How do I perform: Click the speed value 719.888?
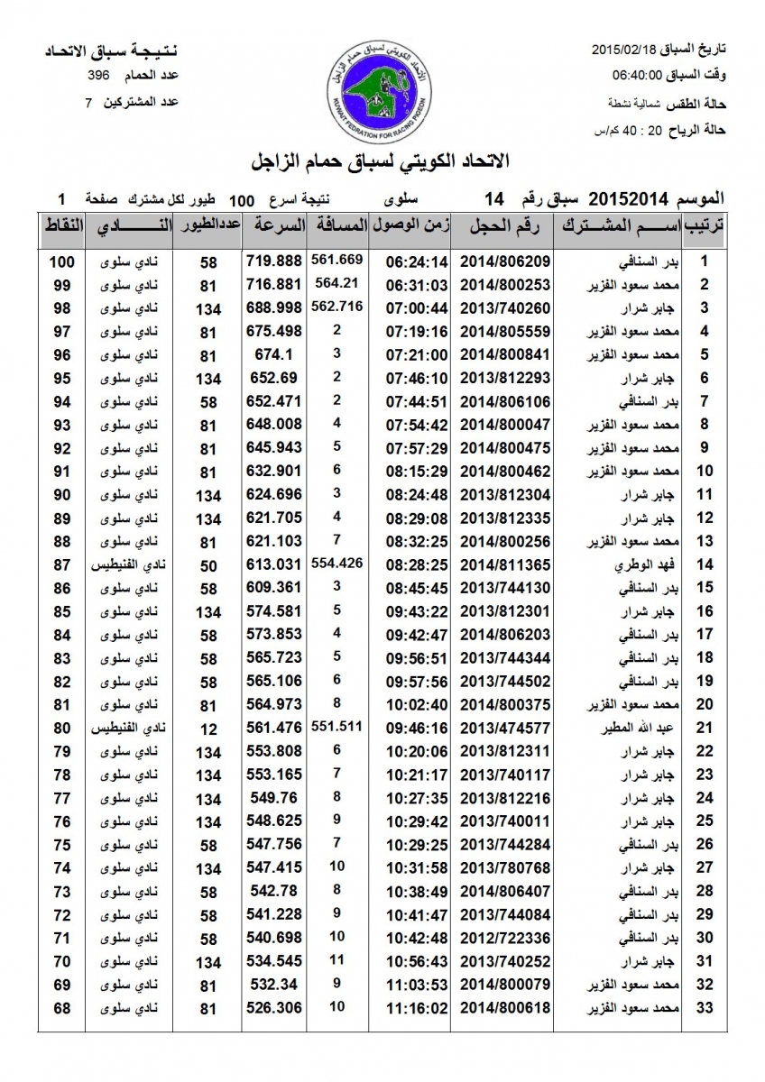272,262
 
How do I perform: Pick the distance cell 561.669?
336,260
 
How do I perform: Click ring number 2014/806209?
505,262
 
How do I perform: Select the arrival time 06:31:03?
417,286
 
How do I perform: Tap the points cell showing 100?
60,262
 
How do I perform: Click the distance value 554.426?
336,562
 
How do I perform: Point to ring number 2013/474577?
505,728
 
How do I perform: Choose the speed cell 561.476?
272,728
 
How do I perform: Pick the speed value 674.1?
272,355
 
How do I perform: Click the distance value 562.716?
336,307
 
